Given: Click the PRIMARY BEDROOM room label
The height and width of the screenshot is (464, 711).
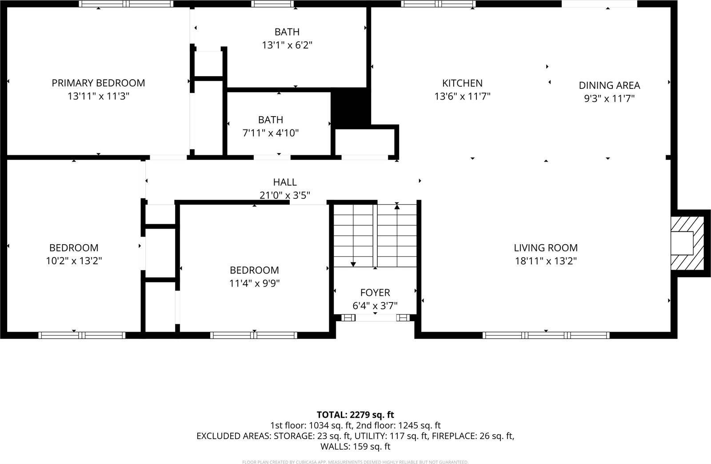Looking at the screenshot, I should coord(98,83).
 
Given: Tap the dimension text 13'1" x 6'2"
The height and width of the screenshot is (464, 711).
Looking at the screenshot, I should coord(287,45).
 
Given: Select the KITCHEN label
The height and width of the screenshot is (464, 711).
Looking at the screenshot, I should coord(462,83).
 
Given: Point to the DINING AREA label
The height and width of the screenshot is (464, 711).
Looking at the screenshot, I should coord(609,85).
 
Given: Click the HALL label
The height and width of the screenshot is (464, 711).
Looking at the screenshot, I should coord(285,182).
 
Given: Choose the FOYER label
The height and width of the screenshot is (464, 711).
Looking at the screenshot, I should coord(375,293).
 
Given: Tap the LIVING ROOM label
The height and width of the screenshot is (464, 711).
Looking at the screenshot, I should coord(546,248).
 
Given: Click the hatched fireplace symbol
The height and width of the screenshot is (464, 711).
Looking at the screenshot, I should coord(688,243).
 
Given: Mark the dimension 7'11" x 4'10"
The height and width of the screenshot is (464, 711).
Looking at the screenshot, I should coord(271,133).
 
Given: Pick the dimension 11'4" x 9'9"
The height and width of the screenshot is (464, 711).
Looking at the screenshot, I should coord(254,283).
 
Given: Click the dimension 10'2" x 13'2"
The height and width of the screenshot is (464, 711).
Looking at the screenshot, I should coord(74,261).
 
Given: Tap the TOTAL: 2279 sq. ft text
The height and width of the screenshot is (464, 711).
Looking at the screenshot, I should coord(355,415).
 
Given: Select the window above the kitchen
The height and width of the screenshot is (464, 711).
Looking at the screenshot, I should coord(438,4).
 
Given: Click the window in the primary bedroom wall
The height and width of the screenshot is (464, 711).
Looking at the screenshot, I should coord(126,4).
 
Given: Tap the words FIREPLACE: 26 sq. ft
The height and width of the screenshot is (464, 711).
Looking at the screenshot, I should coord(473,436).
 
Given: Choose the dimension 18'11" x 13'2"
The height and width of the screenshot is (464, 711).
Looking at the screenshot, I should coord(546,261).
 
